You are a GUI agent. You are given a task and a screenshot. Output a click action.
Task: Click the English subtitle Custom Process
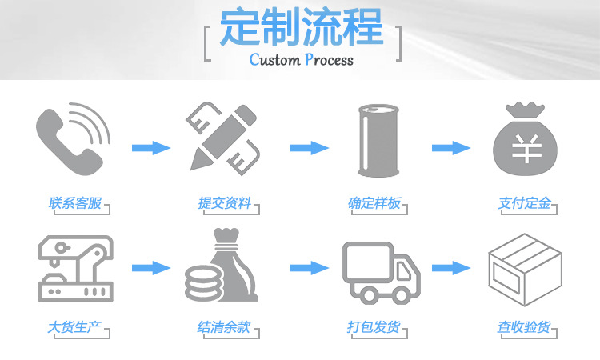[x=301, y=60]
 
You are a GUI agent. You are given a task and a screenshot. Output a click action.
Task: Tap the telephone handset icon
[x=70, y=138]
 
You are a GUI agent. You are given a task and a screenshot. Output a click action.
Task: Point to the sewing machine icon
[x=74, y=269]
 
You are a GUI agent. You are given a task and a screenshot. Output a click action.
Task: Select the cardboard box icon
[x=524, y=270]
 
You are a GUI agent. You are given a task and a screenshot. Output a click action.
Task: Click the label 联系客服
[x=75, y=203]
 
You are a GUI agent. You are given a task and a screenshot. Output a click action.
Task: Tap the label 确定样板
[x=374, y=203]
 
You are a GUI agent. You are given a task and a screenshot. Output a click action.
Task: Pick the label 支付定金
[x=524, y=203]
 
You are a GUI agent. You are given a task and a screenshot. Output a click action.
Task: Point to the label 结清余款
[x=224, y=327]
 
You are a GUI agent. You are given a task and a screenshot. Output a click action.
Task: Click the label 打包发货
[x=374, y=327]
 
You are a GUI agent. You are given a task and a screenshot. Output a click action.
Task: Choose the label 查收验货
[x=524, y=327]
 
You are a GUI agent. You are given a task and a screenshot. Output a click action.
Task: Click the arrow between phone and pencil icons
[x=150, y=148]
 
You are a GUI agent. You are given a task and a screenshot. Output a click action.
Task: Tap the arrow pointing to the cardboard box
[x=450, y=268]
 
